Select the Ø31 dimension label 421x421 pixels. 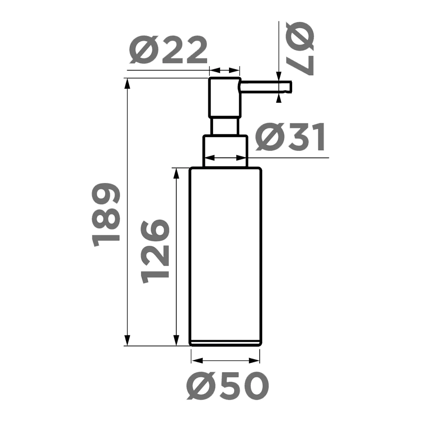click(x=290, y=137)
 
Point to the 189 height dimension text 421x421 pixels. click(x=106, y=215)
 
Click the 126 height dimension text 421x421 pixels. click(x=155, y=251)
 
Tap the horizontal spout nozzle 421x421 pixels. click(x=265, y=87)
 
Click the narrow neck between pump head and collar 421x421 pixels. click(x=225, y=126)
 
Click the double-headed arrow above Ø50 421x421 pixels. click(x=225, y=360)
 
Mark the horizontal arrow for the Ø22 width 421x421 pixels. click(x=225, y=70)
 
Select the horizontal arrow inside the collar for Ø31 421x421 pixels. click(x=225, y=158)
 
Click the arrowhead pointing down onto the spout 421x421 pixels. click(x=278, y=76)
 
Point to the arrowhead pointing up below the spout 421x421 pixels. click(x=278, y=99)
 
